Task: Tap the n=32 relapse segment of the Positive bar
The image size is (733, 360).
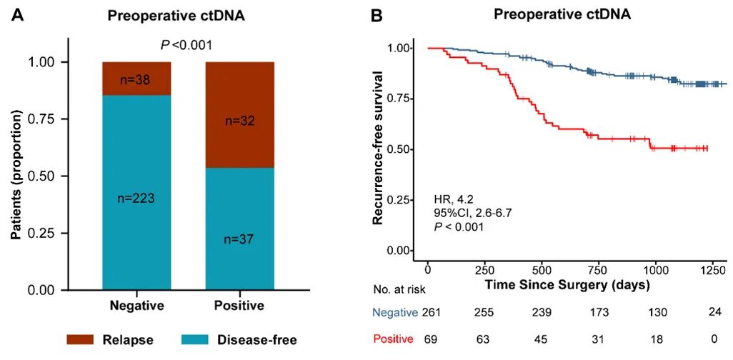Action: tap(240, 122)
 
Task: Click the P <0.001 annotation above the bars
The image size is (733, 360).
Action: tap(186, 46)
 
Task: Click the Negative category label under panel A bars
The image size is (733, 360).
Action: tap(137, 306)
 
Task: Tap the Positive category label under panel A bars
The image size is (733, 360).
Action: tap(240, 306)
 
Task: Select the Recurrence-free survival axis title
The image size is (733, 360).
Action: tap(380, 147)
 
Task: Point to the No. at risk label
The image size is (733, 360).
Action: tap(402, 290)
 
